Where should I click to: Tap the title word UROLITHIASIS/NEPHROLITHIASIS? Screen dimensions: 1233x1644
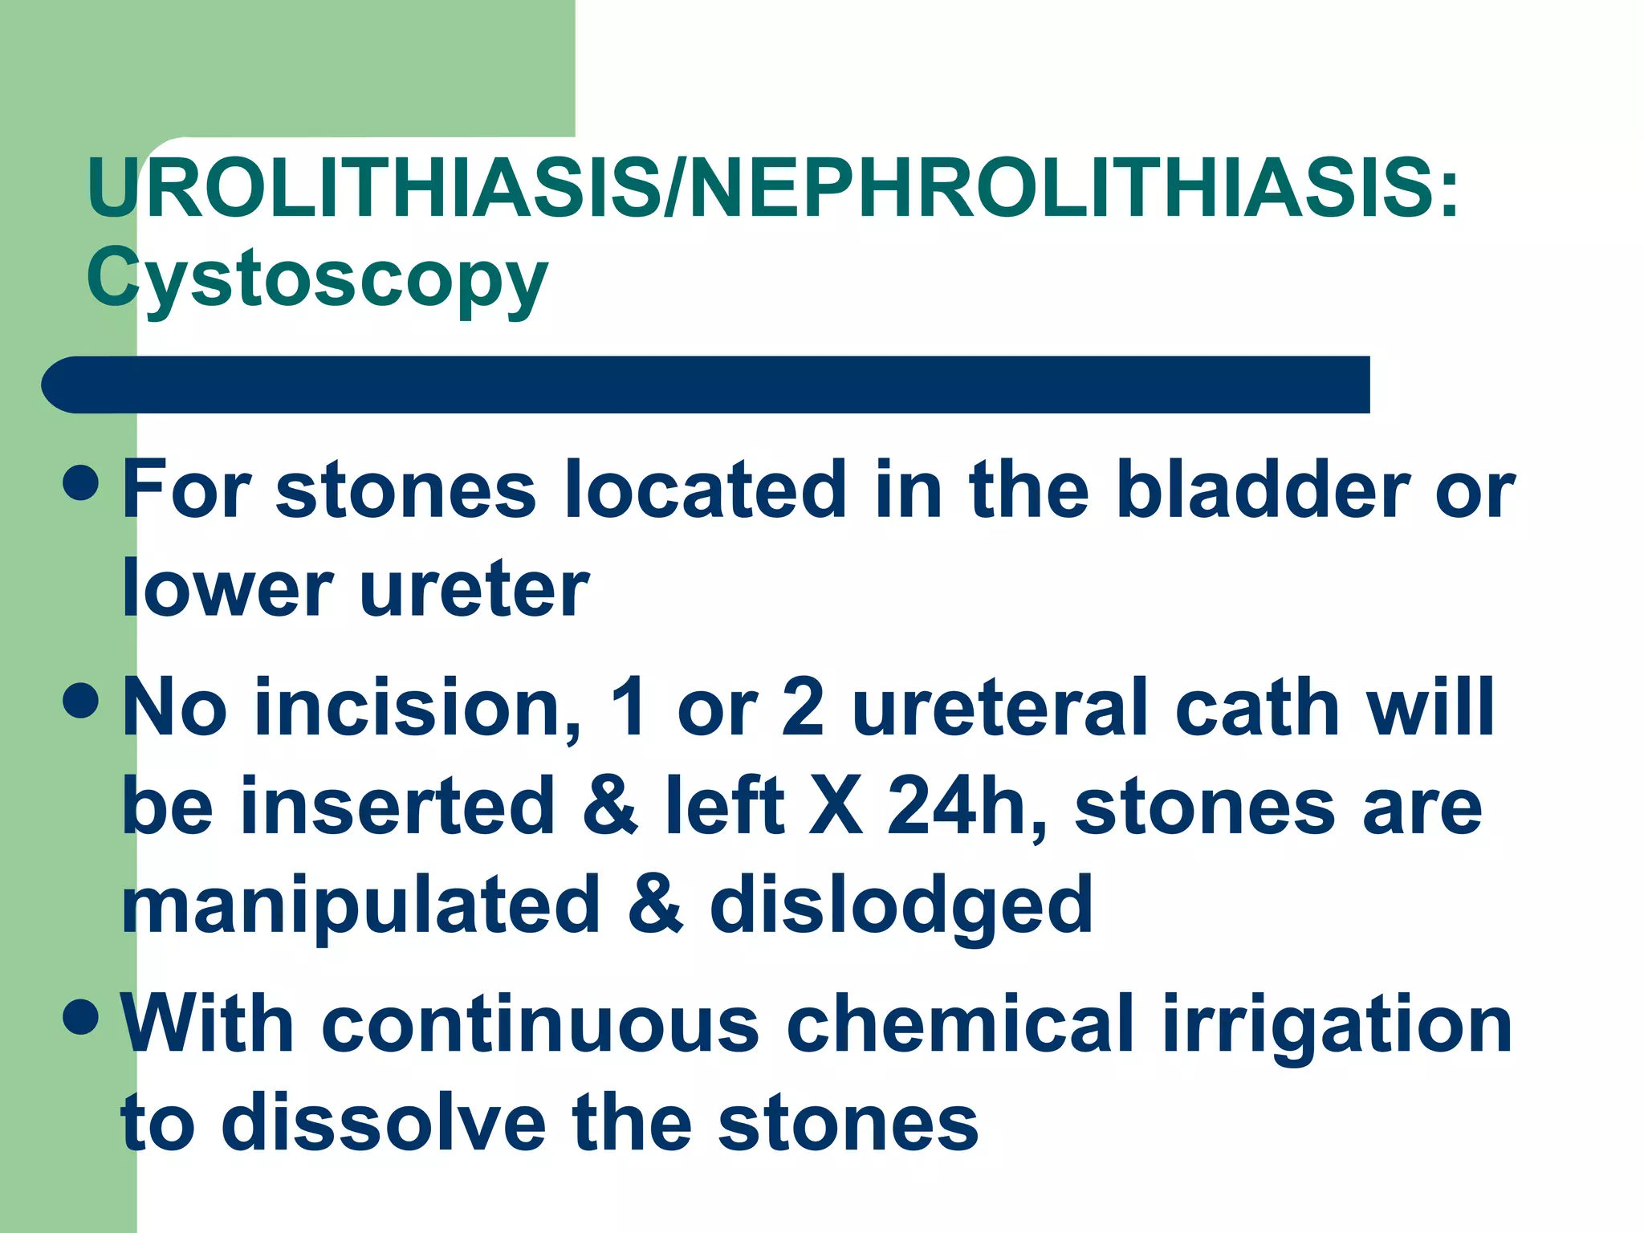[x=772, y=189]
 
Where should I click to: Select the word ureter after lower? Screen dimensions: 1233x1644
[x=474, y=589]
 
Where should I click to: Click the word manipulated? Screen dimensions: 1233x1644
[x=361, y=905]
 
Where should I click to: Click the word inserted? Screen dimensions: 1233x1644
[x=398, y=806]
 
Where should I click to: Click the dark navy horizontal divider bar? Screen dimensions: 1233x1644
[x=706, y=385]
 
